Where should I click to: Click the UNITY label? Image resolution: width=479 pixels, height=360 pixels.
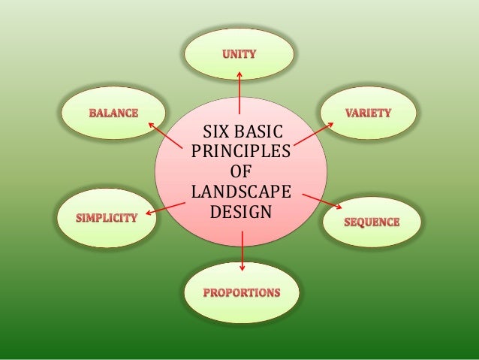[x=239, y=54]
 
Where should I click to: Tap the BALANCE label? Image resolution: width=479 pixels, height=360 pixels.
[x=114, y=113]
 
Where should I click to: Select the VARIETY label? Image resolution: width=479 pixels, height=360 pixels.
[x=368, y=113]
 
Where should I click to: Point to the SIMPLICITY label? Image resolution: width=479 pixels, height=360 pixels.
[x=108, y=219]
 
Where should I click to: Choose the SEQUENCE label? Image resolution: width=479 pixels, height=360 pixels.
[x=372, y=222]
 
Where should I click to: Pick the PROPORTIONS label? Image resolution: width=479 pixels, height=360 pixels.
[x=241, y=292]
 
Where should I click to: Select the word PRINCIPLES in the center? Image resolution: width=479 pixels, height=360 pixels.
[x=241, y=153]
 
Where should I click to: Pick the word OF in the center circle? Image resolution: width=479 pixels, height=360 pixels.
[x=241, y=171]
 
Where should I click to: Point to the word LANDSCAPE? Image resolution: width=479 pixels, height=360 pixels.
[x=241, y=188]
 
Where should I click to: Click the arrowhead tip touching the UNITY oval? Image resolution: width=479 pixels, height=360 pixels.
[x=239, y=71]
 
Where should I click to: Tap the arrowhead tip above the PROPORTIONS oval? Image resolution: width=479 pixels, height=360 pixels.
[x=242, y=270]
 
